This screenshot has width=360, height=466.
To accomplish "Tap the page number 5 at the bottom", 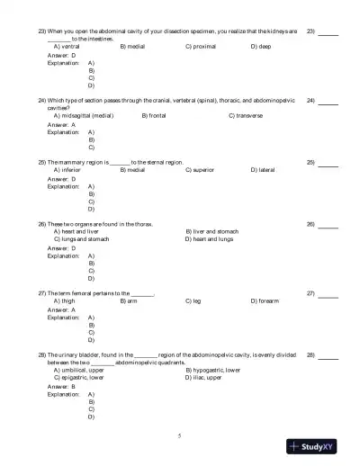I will (179, 435).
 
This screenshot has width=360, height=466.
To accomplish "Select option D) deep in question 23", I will (261, 45).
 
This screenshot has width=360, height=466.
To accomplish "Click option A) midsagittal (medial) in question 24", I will (84, 116).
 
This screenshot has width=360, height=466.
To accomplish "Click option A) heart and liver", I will (77, 231).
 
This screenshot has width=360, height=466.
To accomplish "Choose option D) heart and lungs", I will (209, 239).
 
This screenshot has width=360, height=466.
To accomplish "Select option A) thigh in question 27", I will (65, 301).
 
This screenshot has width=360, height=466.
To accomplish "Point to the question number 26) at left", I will (41, 223).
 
